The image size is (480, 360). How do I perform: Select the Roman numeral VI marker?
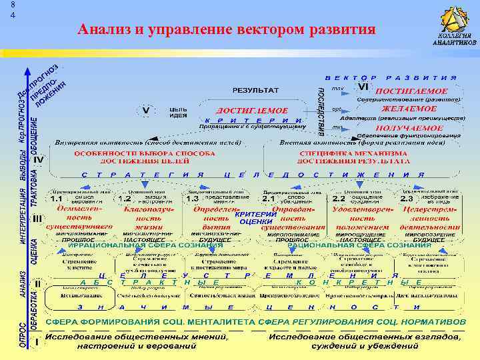click(363, 87)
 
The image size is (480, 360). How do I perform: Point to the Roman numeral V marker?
click(145, 109)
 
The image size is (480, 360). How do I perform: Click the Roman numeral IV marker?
click(39, 161)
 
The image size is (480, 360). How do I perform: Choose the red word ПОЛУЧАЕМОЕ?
click(411, 127)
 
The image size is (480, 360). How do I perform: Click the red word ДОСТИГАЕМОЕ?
click(252, 111)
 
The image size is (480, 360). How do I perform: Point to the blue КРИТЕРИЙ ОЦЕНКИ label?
click(255, 217)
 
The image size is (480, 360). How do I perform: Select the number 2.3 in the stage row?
click(406, 199)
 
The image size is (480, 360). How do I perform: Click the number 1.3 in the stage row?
click(193, 199)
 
